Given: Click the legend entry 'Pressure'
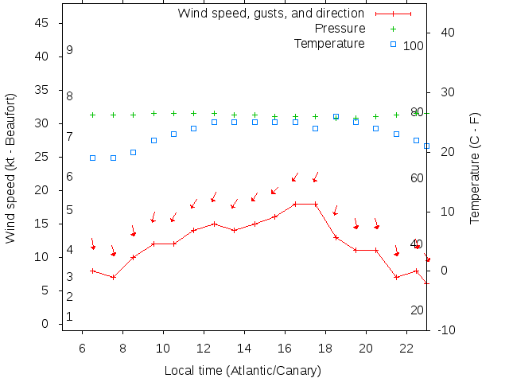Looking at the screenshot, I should [x=340, y=29].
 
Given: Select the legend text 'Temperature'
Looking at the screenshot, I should [x=329, y=43].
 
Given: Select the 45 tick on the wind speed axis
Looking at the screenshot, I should [x=43, y=24].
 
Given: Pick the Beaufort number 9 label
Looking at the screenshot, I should [x=70, y=50].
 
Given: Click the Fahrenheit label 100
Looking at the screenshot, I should [x=414, y=46].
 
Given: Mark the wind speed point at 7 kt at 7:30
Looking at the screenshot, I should [x=113, y=277].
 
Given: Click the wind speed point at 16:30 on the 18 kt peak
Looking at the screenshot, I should [x=295, y=204].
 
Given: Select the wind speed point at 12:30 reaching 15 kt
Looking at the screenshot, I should [x=214, y=224].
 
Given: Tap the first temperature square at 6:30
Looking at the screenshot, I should [x=93, y=158].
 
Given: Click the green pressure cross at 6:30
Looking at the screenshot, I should [x=93, y=115].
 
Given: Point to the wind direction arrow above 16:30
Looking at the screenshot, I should [x=294, y=177].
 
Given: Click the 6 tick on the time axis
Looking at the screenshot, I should [x=83, y=348].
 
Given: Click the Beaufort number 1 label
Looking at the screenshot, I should [x=70, y=316].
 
